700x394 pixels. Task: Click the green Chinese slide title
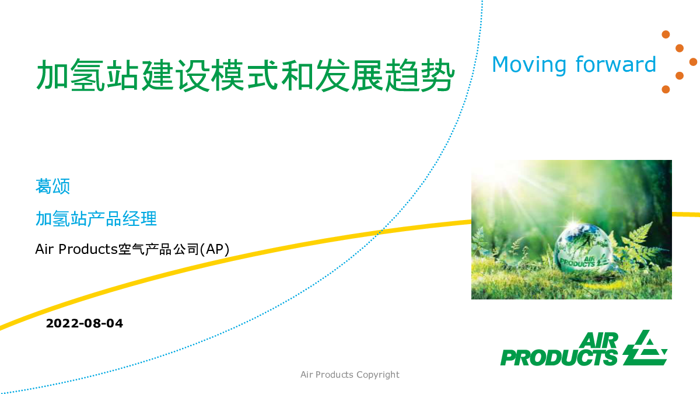tap(246, 75)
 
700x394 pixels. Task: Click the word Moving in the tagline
tap(529, 65)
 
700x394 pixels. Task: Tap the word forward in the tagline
tap(615, 64)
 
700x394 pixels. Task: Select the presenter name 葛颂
tap(52, 186)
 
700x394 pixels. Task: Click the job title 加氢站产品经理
tap(96, 218)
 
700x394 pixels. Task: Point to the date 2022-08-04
tap(85, 323)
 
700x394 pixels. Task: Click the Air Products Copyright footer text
tap(349, 375)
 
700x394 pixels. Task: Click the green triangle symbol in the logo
tap(645, 348)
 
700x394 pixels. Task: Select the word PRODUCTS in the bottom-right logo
tap(559, 358)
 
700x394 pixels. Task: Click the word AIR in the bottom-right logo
tap(598, 340)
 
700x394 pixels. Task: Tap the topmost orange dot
tap(666, 34)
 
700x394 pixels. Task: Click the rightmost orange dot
tap(693, 62)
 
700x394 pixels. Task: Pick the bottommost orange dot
tap(666, 89)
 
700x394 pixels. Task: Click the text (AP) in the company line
tap(215, 250)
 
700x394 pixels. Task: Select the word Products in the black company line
tap(88, 249)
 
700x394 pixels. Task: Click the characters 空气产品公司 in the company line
tap(159, 250)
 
